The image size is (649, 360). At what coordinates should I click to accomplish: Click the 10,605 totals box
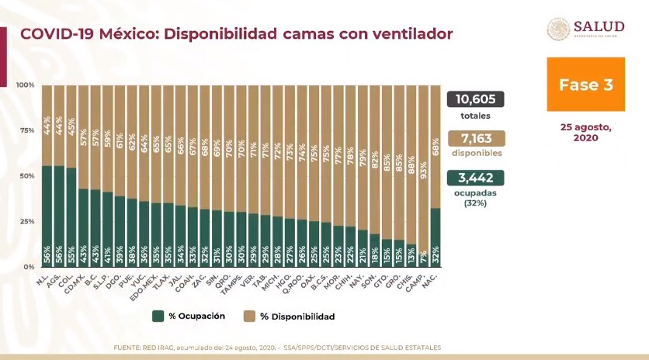tap(475, 99)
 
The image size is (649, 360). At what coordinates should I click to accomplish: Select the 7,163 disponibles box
tap(475, 138)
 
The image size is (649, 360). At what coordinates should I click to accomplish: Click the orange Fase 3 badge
tap(580, 85)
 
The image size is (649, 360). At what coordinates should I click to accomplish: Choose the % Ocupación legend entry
tap(189, 317)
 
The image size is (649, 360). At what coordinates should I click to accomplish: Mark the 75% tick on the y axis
tap(26, 130)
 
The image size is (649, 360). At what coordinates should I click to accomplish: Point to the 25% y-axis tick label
tap(26, 221)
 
